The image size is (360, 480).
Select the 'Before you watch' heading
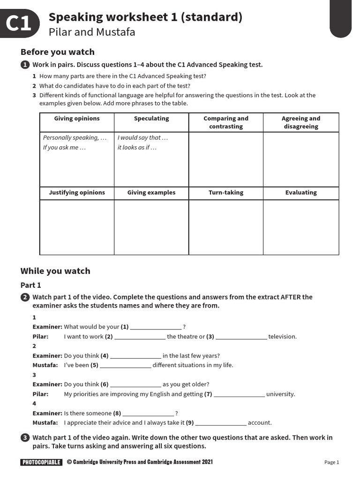(x=57, y=52)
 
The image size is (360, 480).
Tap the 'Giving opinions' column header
(x=77, y=119)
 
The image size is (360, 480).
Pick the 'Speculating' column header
(x=151, y=119)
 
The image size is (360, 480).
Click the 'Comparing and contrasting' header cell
(x=226, y=122)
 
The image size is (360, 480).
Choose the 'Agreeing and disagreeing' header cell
(x=301, y=122)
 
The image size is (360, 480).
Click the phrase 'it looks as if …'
(x=137, y=148)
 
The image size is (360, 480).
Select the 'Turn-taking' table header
(x=226, y=193)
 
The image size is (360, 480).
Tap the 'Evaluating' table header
(x=301, y=193)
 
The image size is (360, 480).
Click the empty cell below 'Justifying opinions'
(x=77, y=227)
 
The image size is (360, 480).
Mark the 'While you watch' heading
(x=55, y=271)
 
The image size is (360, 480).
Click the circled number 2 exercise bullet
(x=25, y=297)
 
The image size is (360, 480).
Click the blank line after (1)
(x=156, y=327)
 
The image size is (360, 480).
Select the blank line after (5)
(x=126, y=365)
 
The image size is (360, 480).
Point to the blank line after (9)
(x=220, y=423)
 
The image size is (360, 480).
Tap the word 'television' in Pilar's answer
(x=282, y=337)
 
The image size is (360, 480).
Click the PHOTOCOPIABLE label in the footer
(x=41, y=462)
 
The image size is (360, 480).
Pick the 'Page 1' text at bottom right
(x=331, y=462)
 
